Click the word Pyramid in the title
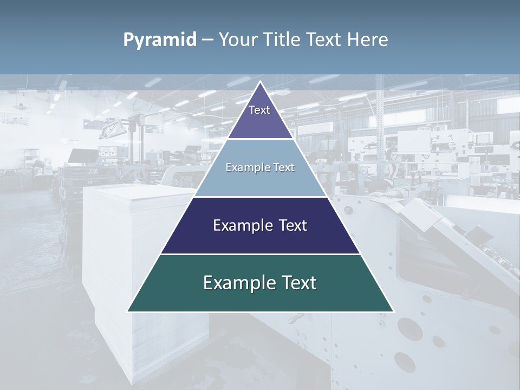click(x=160, y=40)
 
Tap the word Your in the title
click(x=239, y=40)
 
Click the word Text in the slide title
click(x=326, y=40)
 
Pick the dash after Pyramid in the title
click(x=207, y=40)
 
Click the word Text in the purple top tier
click(x=259, y=110)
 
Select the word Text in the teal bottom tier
click(x=299, y=283)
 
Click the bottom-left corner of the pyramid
click(x=128, y=311)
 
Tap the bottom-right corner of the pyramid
click(x=393, y=311)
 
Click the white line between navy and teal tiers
click(x=261, y=254)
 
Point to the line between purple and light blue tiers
click(x=261, y=139)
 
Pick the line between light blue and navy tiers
click(x=261, y=197)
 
